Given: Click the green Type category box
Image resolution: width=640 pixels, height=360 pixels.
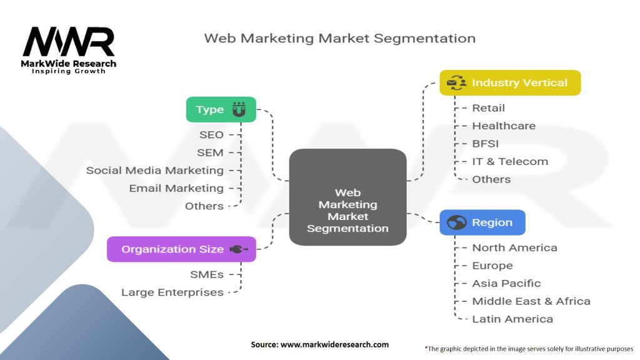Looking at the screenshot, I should tap(221, 109).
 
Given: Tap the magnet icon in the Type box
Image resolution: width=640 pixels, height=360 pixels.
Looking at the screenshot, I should tap(239, 109).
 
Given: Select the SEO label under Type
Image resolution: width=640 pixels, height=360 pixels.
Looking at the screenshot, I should tap(211, 134).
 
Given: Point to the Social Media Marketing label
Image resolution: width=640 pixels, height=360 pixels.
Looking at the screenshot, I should tap(154, 170).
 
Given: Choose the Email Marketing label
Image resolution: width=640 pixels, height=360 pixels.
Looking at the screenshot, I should tap(176, 188).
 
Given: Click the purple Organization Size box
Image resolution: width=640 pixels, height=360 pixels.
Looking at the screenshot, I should tap(181, 249).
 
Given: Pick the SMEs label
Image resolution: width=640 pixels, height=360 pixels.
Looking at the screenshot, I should tap(206, 274).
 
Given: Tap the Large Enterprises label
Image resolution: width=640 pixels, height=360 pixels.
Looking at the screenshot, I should tap(172, 292).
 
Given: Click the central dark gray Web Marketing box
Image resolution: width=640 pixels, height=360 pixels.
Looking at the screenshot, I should tap(347, 197).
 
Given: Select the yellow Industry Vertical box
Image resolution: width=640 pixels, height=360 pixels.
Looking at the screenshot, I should tap(509, 82).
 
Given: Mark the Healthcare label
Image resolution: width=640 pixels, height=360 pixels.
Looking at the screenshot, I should tap(504, 126).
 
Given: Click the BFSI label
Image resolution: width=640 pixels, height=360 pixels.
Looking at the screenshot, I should tap(485, 143).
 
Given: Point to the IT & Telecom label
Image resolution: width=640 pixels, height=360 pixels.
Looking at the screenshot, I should tap(510, 161).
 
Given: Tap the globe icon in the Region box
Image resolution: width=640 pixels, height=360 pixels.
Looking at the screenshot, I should tap(457, 222).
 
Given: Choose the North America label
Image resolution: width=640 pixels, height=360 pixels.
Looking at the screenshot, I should tap(514, 247).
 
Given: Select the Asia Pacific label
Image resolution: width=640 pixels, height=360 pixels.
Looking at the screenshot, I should tap(506, 283).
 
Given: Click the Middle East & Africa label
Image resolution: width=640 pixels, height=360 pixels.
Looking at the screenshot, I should tap(531, 301).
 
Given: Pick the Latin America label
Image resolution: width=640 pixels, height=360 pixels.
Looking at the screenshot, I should tap(512, 319).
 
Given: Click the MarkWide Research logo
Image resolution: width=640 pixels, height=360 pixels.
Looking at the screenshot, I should tap(69, 49).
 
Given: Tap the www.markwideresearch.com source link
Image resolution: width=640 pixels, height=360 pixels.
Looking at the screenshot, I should tap(334, 344).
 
